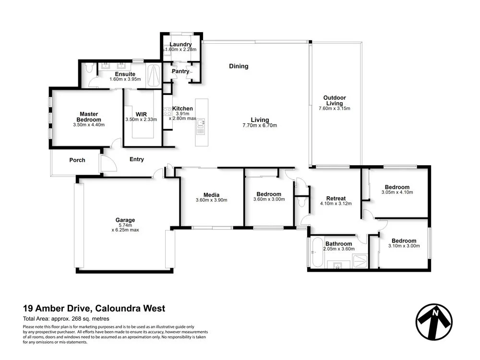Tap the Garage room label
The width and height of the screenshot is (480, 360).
click(125, 220)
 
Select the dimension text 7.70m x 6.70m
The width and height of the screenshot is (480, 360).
click(259, 126)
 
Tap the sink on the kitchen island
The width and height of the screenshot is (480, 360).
click(201, 127)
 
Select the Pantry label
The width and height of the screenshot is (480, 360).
click(180, 72)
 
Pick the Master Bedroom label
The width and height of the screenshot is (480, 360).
click(90, 117)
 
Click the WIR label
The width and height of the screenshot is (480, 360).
click(141, 114)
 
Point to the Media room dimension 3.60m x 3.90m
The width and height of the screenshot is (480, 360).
click(211, 200)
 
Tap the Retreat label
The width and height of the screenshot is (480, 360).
click(336, 198)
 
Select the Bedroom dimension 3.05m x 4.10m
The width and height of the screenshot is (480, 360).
click(397, 192)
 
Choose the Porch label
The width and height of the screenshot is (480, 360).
click(77, 160)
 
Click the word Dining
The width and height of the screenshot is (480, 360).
click(239, 66)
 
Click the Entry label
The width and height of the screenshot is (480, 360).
click(136, 159)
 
